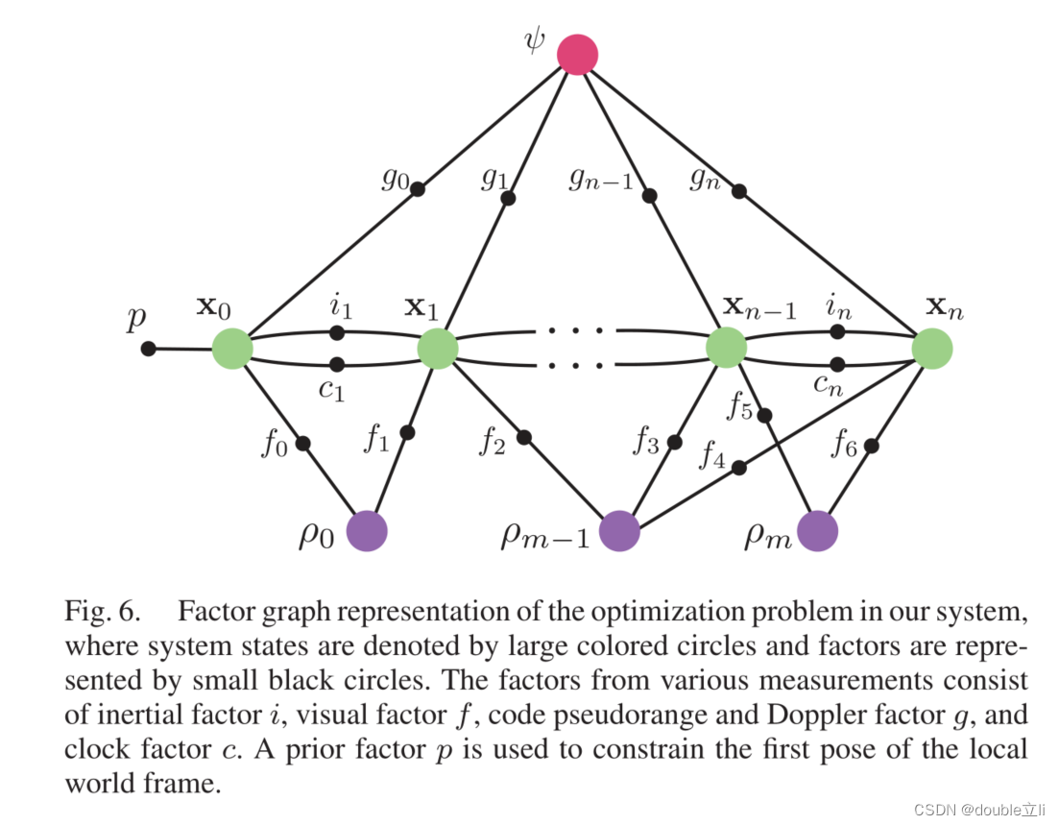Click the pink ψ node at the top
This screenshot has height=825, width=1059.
578,54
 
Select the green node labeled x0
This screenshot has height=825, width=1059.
232,348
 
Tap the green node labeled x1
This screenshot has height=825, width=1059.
438,348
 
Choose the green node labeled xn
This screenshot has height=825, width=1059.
931,348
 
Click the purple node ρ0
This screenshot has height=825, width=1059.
366,531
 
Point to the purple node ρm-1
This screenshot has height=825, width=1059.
620,531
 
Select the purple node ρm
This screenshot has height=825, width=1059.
817,531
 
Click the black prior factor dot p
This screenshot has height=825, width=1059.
148,349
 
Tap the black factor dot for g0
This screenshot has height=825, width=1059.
418,189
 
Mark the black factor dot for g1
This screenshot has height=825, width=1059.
509,198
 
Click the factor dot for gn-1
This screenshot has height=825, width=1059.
650,196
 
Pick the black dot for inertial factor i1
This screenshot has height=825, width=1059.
337,332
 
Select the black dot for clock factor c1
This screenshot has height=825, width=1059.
337,364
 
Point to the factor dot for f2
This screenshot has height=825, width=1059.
523,437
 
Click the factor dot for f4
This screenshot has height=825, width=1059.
738,468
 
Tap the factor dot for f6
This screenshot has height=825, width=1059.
871,446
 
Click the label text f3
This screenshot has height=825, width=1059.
646,444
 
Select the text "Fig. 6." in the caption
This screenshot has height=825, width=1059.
104,612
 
